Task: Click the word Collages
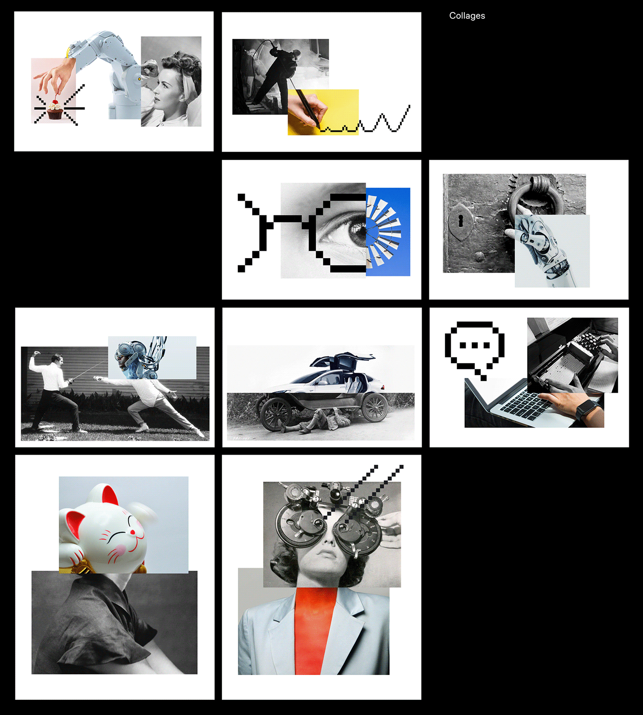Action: (467, 16)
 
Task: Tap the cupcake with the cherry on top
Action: (55, 110)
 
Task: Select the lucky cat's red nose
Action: (133, 532)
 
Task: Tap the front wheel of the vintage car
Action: (276, 414)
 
